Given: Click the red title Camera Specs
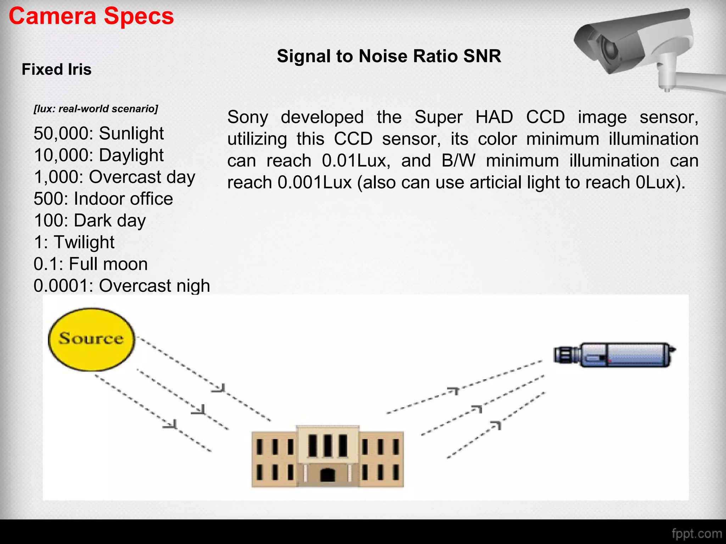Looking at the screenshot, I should coord(91,16).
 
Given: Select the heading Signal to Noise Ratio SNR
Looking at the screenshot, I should coord(389,56).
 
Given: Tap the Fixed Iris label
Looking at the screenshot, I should coord(57,69).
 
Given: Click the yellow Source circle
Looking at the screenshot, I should coord(91,339).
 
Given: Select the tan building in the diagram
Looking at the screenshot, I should coord(328,457).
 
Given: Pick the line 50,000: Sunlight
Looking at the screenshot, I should coord(99,134).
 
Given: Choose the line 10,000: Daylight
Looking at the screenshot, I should coord(99,155).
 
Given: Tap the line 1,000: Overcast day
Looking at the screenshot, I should coord(115,177).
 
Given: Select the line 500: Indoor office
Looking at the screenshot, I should coord(103,199).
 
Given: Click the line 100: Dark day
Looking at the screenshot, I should coord(90,221).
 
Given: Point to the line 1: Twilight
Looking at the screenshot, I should coord(74,243).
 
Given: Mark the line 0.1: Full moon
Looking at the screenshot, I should coord(90,264).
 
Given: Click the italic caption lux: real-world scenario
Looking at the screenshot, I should coord(96,109).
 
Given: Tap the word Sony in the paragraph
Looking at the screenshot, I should coord(248,117).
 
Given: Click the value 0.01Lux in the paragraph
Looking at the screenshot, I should coord(356,161).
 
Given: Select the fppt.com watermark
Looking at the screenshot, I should coord(696,533).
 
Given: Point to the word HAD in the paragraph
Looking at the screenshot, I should coord(494,117).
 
